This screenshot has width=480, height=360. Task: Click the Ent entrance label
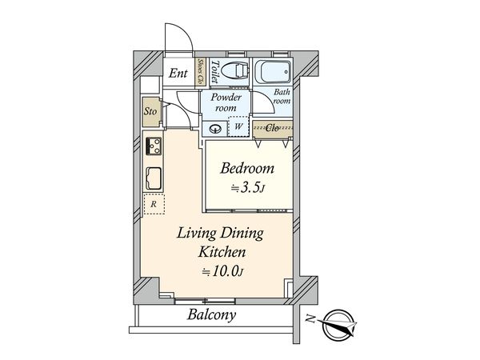pyautogui.click(x=178, y=74)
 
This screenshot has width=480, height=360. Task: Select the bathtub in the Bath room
pyautogui.click(x=273, y=72)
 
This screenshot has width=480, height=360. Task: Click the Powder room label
pyautogui.click(x=226, y=102)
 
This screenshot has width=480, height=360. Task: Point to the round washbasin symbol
pyautogui.click(x=215, y=129)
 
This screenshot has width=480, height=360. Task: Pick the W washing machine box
pyautogui.click(x=238, y=126)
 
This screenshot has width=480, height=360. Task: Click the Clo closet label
pyautogui.click(x=272, y=128)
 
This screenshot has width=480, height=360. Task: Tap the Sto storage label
pyautogui.click(x=150, y=111)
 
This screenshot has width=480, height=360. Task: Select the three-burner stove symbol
pyautogui.click(x=154, y=146)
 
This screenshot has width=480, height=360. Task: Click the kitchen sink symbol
pyautogui.click(x=154, y=178)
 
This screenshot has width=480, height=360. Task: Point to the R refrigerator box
pyautogui.click(x=154, y=204)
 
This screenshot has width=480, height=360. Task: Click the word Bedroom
pyautogui.click(x=247, y=169)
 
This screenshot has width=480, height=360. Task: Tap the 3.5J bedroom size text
pyautogui.click(x=247, y=188)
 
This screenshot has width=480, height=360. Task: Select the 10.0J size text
pyautogui.click(x=222, y=271)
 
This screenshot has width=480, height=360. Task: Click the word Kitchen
pyautogui.click(x=222, y=252)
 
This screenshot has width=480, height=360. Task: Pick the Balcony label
pyautogui.click(x=211, y=315)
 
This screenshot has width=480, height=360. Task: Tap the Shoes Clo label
pyautogui.click(x=201, y=72)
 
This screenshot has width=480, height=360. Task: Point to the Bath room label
pyautogui.click(x=282, y=97)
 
